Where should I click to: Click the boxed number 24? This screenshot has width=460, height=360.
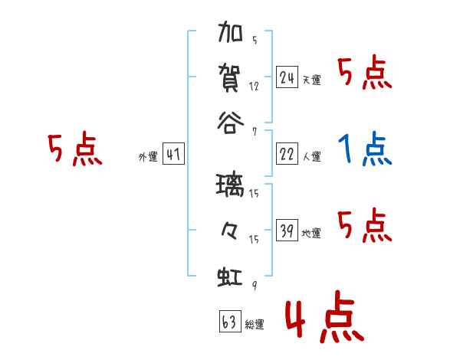coord(287,77)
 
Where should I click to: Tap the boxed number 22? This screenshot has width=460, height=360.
coord(287,153)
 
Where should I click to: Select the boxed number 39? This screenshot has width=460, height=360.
coord(287,230)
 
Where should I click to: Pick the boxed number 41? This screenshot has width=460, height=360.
coord(173,155)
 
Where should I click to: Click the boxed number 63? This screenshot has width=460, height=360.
coord(229,322)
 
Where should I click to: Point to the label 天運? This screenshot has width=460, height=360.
coord(311,80)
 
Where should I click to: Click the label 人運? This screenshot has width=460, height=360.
coord(311,157)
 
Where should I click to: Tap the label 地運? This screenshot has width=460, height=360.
coord(311,234)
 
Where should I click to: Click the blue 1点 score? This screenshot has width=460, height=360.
coord(365,148)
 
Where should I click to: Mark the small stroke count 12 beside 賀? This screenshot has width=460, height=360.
coord(254,87)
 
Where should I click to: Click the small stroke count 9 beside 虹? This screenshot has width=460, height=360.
coord(254,286)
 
